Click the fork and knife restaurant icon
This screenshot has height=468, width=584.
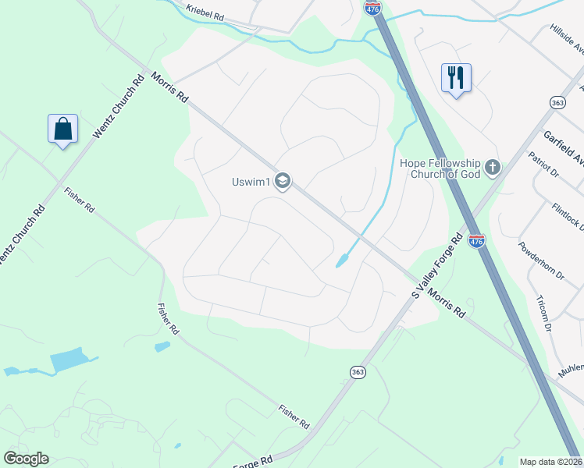457,77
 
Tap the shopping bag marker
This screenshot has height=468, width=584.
62,129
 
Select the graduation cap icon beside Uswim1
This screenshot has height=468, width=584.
283,182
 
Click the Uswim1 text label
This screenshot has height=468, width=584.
250,183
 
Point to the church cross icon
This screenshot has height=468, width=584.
492,166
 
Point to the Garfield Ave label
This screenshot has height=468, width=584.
564,148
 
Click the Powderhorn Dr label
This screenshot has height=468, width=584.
541,260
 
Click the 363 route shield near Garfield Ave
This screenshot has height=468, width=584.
557,102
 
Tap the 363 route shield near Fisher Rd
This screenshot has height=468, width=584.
358,373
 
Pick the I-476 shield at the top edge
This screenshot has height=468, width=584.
372,8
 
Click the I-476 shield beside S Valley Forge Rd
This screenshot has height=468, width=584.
476,241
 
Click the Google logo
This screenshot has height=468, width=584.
26,459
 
